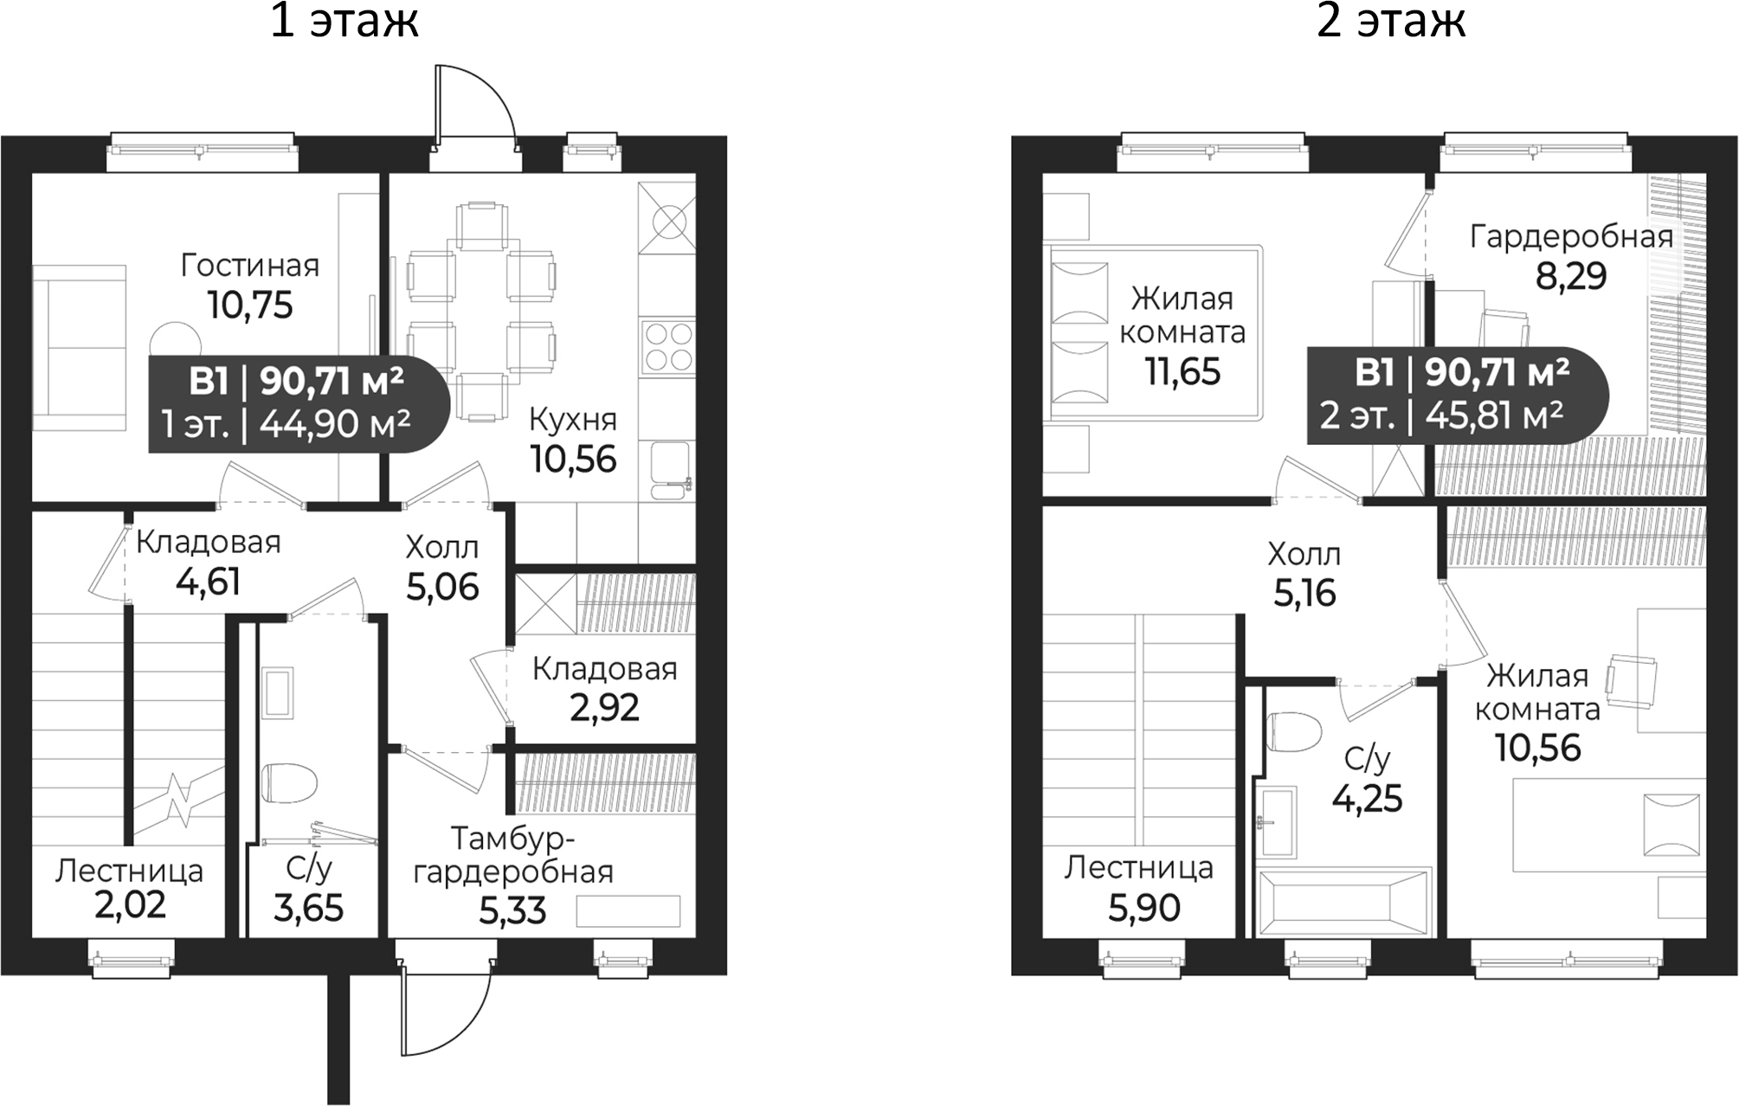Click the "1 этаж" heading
(345, 22)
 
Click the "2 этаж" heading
(1391, 22)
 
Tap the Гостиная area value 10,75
(250, 305)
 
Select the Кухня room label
(572, 420)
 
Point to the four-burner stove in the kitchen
(667, 345)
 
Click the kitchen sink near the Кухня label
(670, 471)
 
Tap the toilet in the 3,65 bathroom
(289, 782)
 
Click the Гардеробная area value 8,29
(1570, 276)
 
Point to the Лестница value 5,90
(1144, 908)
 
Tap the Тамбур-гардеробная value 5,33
(512, 910)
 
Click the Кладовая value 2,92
(604, 708)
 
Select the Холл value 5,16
(1304, 593)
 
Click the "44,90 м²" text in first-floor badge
(334, 425)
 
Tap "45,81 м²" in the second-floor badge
(1494, 416)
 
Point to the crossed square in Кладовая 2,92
(546, 603)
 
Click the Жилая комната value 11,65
(1182, 372)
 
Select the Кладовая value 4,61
(208, 582)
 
